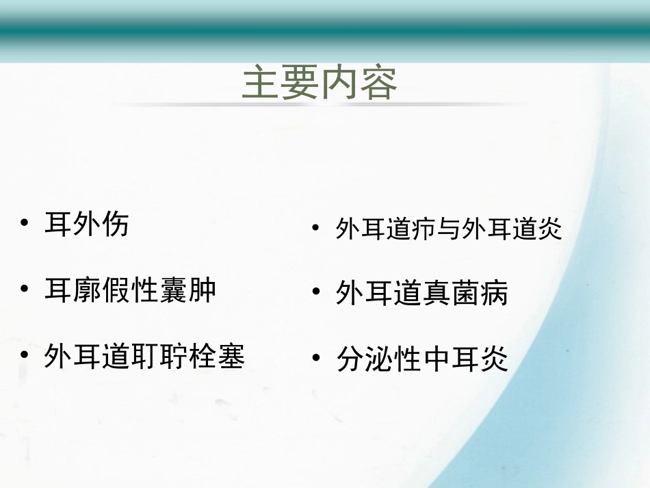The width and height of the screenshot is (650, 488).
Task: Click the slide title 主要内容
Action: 320,84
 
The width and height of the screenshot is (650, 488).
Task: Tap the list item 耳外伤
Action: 86,224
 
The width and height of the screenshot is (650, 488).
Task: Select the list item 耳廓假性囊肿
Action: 130,290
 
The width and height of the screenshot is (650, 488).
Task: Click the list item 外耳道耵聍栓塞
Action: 144,357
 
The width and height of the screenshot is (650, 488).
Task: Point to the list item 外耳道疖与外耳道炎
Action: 449,229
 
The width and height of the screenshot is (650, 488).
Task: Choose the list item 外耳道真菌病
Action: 422,294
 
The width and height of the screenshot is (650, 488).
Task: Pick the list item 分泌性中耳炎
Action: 422,359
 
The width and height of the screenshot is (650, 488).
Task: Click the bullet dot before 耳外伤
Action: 25,223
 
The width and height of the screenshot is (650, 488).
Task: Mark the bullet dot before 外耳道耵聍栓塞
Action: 25,355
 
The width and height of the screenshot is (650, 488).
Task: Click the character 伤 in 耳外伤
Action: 115,224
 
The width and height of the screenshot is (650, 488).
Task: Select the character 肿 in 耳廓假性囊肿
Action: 203,290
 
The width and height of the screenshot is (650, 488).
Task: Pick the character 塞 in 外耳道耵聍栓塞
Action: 231,357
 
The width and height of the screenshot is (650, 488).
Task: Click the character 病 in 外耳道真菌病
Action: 495,294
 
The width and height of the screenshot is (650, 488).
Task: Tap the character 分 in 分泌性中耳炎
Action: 350,359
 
